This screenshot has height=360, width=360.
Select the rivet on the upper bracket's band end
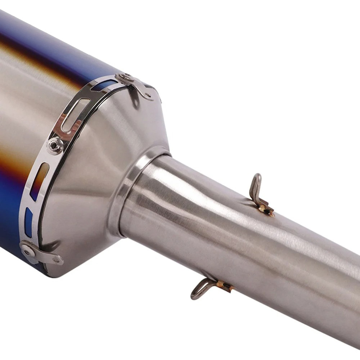click(x=124, y=77)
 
